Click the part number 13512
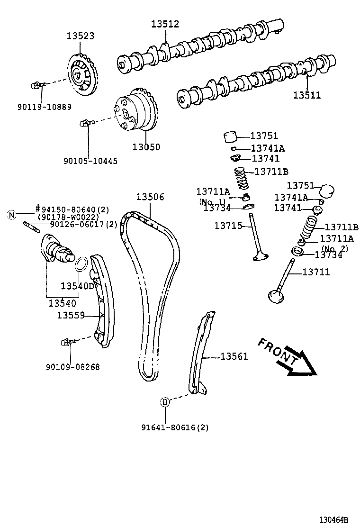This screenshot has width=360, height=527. (x=165, y=24)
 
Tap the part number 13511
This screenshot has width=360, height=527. (x=306, y=95)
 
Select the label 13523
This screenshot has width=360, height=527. (x=80, y=36)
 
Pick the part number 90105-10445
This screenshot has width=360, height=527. (x=90, y=161)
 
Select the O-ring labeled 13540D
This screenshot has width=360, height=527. (x=82, y=264)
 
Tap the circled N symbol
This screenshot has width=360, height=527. (x=12, y=215)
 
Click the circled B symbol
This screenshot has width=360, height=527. (x=165, y=402)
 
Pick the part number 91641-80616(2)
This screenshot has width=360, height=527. (x=174, y=427)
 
